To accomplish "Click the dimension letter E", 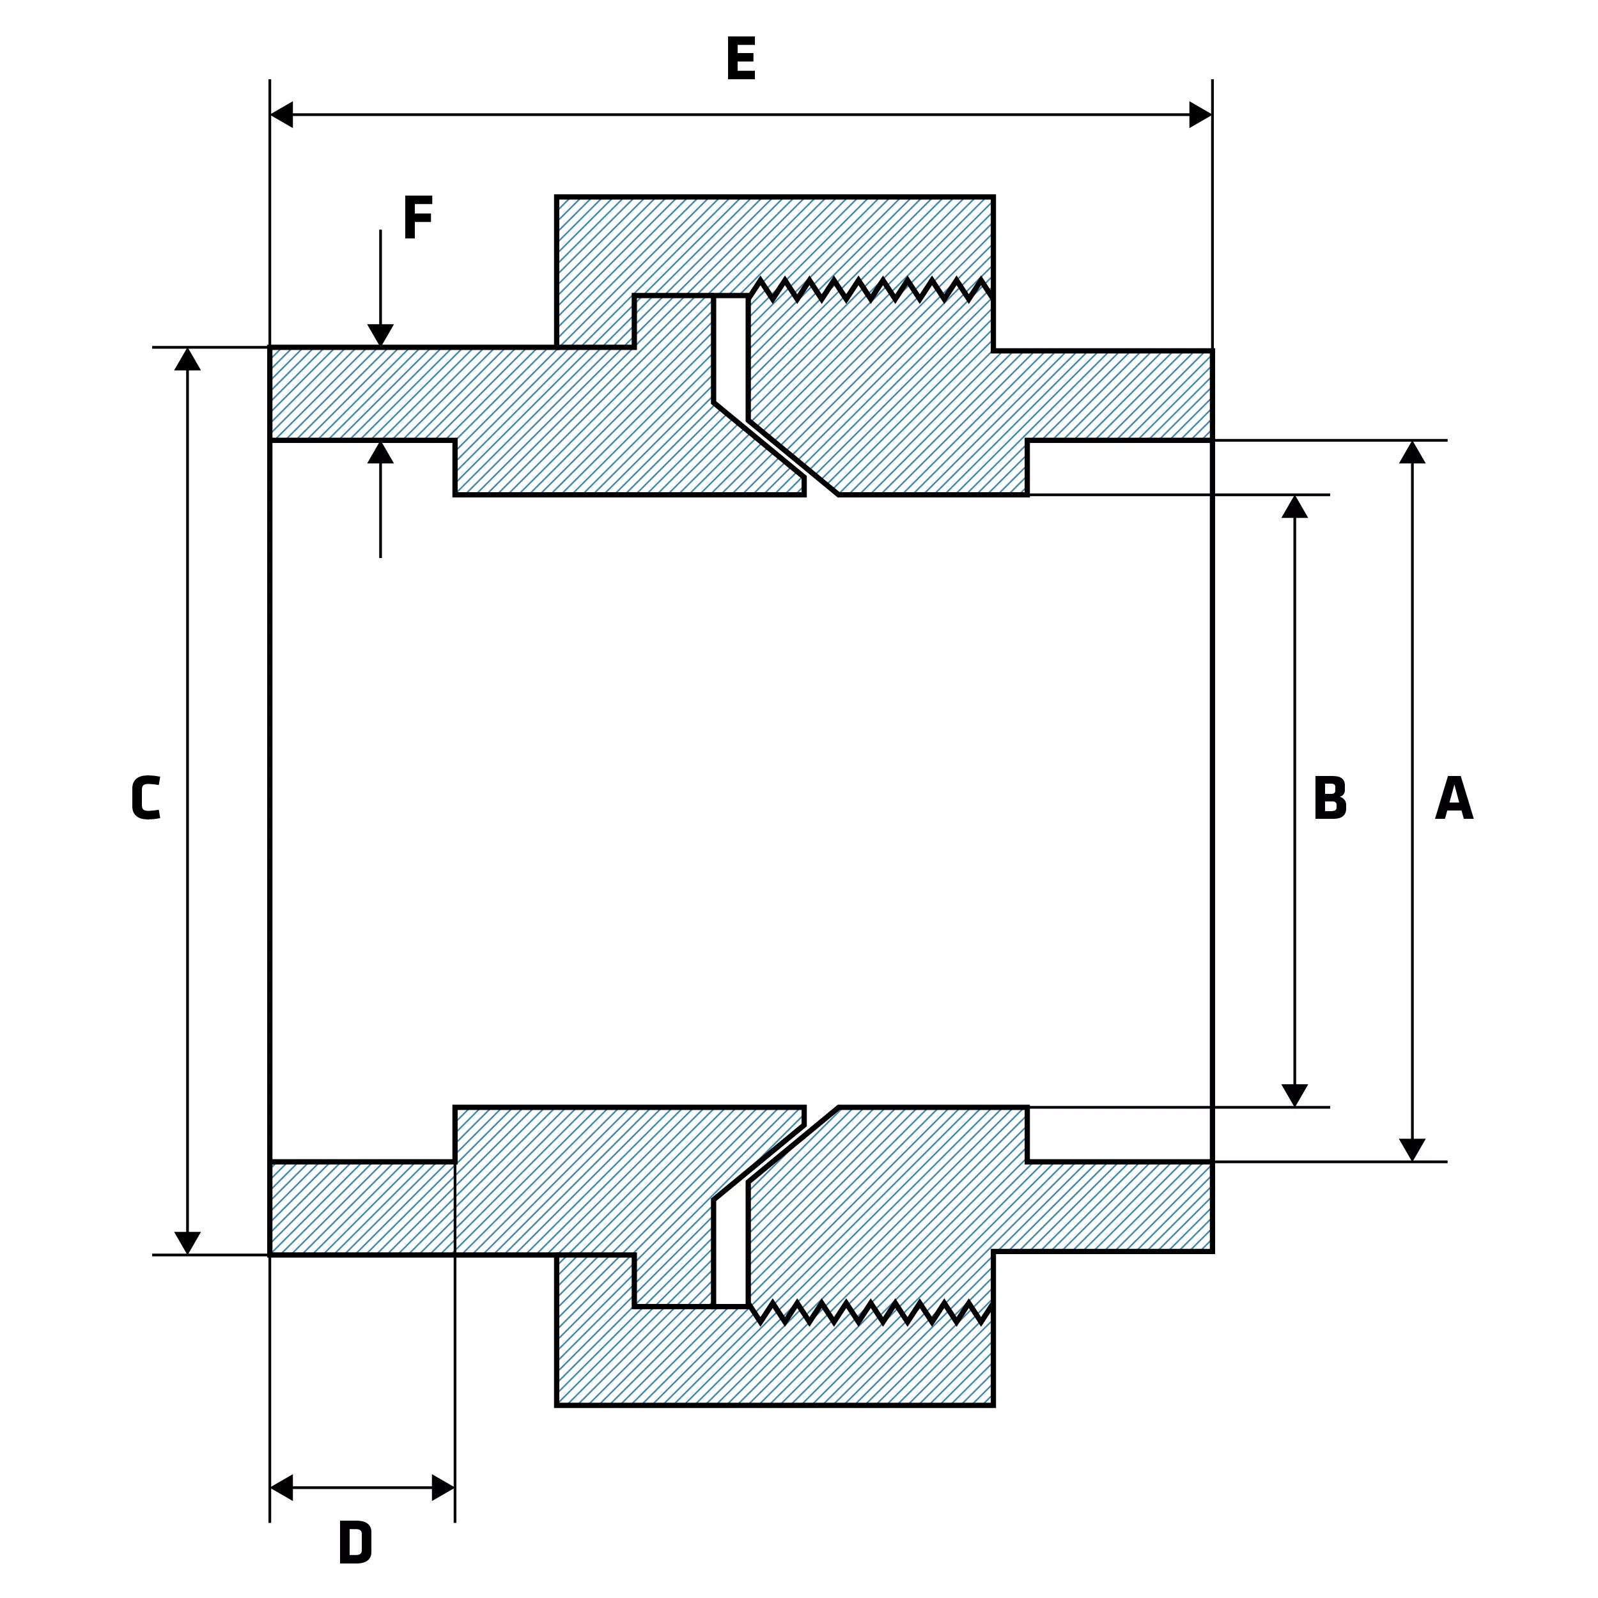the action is pos(740,59).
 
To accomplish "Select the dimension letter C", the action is pos(146,798).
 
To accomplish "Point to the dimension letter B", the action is pos(1330,798).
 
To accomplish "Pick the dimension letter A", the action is pos(1454,798).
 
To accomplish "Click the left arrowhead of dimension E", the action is pos(282,114).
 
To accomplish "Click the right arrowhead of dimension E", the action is pos(1200,114).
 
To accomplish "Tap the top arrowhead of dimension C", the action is pos(188,359).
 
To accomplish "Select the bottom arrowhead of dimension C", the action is pos(188,1243).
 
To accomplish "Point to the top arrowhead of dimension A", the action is pos(1412,452).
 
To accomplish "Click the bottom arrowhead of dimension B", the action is pos(1294,1095).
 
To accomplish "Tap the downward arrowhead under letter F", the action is pos(380,336).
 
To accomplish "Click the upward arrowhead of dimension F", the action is pos(380,452).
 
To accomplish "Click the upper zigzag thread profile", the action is pos(871,289).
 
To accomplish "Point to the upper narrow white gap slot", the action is pos(731,355).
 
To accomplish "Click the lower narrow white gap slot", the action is pos(731,1246).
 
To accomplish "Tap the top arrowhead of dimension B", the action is pos(1294,506).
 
